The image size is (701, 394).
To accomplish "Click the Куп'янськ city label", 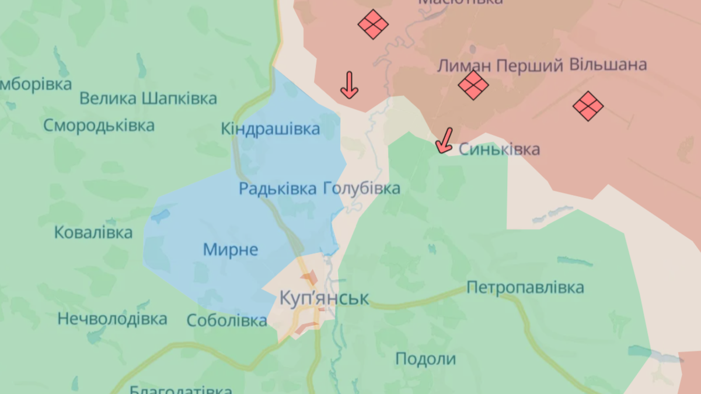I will click(x=324, y=298).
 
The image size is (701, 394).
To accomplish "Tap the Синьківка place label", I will click(x=499, y=149).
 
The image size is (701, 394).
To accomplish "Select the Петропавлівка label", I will click(x=525, y=287).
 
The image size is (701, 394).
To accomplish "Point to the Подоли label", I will click(x=426, y=358).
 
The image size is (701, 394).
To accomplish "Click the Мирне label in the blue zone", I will click(x=231, y=250).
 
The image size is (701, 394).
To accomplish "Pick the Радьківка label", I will click(x=278, y=189).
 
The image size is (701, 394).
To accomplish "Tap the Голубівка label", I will click(x=362, y=189).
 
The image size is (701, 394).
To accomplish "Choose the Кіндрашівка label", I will click(x=270, y=128).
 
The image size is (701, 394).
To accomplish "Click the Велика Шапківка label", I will click(x=148, y=98).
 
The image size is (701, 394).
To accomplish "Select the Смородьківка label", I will click(x=99, y=125).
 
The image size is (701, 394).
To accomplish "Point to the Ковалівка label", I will click(x=93, y=232).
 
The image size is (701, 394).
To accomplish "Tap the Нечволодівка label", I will click(x=112, y=319).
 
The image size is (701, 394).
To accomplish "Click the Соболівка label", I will click(x=227, y=320).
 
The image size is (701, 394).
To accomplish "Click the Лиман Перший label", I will click(x=500, y=65).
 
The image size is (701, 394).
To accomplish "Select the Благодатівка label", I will click(x=181, y=389).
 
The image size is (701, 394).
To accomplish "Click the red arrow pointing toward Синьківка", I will click(x=445, y=141).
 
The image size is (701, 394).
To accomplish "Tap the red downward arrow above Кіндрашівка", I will click(x=349, y=85).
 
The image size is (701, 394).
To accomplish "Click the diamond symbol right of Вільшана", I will click(x=588, y=106).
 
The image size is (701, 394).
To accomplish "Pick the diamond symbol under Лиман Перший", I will click(x=473, y=85).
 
